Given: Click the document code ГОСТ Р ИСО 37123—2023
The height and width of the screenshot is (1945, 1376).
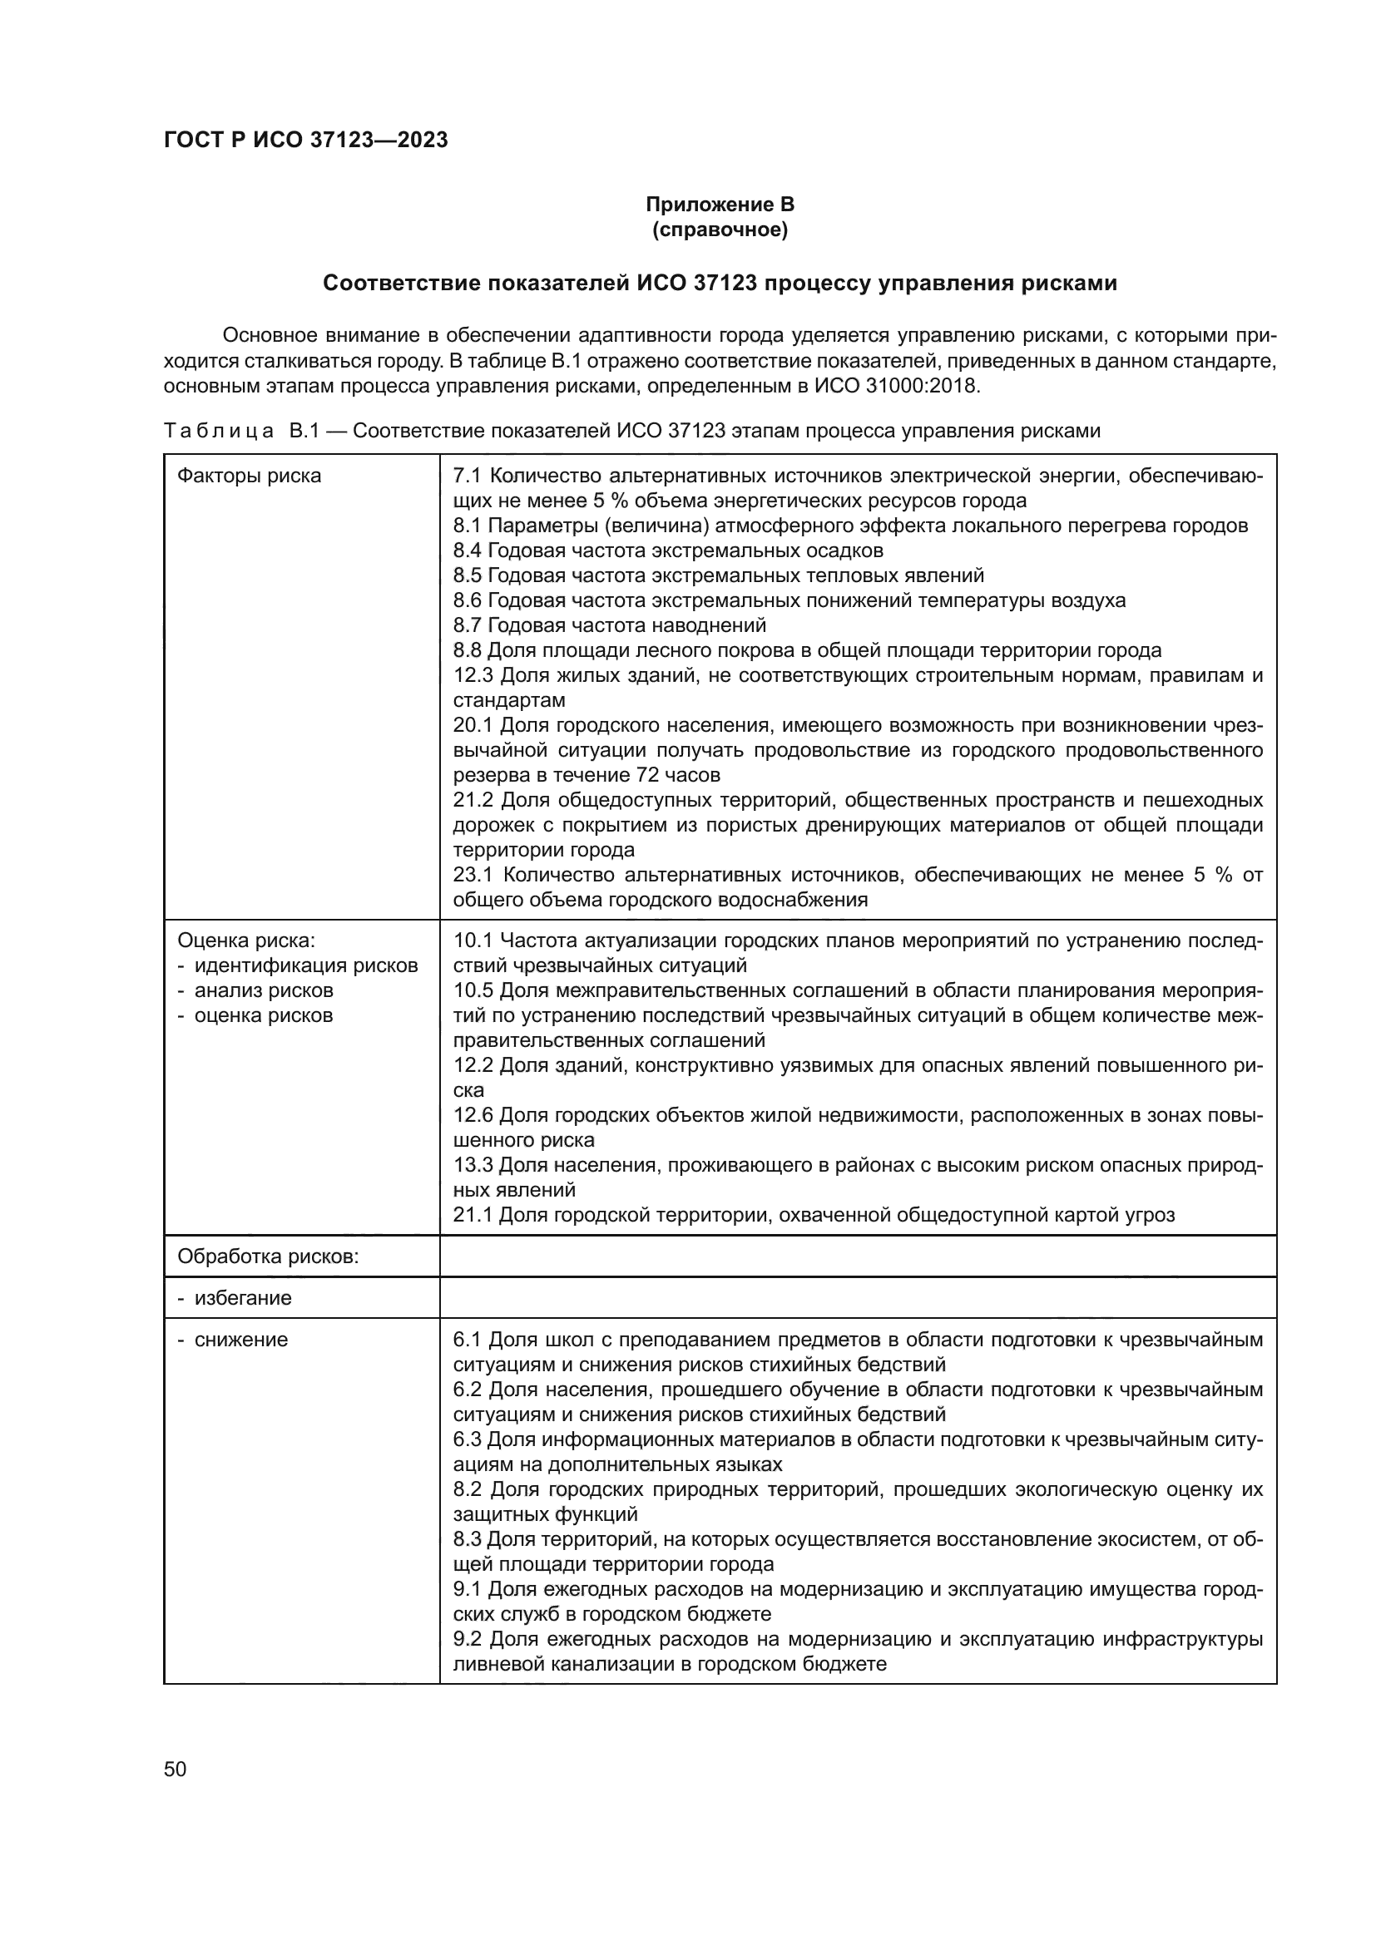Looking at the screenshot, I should (306, 141).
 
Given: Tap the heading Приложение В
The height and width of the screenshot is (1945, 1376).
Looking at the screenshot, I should (720, 205).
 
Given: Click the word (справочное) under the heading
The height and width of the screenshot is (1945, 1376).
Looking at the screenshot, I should (720, 230).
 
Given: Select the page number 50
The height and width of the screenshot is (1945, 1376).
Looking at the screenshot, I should (176, 1769).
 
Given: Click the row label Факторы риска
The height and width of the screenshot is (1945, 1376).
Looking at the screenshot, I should (249, 476).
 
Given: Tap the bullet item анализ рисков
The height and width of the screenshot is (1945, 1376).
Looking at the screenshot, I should (264, 990).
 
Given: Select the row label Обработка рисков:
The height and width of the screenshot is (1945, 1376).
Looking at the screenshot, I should (268, 1256).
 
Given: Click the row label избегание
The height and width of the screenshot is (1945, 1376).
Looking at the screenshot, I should (242, 1298).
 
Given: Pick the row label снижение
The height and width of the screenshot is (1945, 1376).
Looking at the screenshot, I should (240, 1340).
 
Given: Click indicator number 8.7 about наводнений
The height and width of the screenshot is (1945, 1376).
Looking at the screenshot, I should (468, 625).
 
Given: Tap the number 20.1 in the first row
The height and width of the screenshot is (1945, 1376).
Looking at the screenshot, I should (473, 725).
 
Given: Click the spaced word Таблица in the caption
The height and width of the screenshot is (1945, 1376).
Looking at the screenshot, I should (219, 432).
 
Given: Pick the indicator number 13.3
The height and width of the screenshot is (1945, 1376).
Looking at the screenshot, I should (473, 1165).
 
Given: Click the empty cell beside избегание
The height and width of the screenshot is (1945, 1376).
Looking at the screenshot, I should (857, 1298).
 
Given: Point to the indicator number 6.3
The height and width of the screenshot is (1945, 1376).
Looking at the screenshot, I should (467, 1439).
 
